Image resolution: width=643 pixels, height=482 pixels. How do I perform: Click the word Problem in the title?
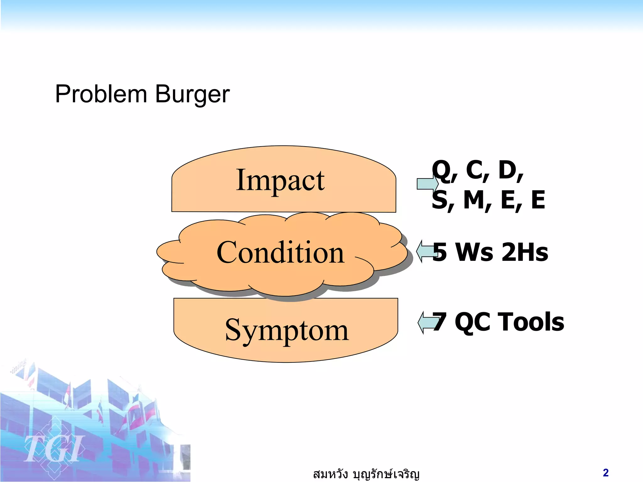click(101, 94)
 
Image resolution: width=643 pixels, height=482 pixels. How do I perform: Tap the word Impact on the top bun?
click(280, 180)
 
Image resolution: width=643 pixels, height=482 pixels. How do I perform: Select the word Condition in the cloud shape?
click(280, 253)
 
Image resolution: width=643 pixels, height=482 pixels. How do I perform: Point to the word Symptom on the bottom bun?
click(287, 331)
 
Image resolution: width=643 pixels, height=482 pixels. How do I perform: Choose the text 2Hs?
click(525, 252)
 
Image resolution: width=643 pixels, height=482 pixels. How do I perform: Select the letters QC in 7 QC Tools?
click(472, 323)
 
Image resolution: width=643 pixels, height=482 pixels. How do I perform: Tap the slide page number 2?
click(606, 473)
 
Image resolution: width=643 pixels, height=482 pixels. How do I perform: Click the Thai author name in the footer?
click(366, 474)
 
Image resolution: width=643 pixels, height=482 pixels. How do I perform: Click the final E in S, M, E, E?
click(538, 200)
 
